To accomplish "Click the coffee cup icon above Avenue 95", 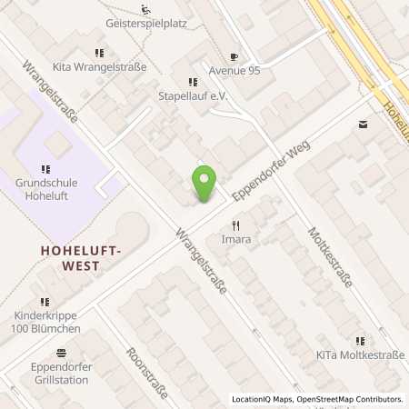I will [234, 56].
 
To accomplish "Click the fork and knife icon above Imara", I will [236, 225].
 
